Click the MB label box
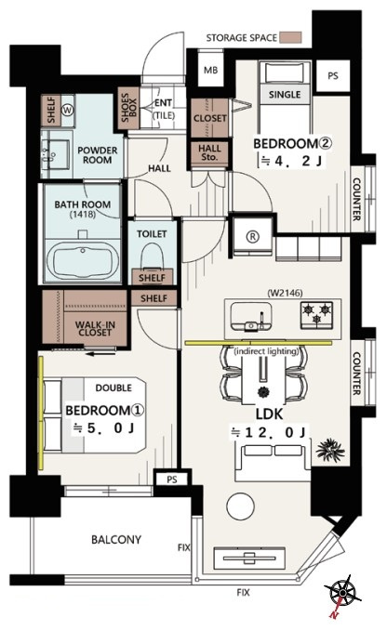(210, 70)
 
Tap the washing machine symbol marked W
(67, 110)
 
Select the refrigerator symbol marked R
(253, 237)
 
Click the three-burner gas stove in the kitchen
(317, 313)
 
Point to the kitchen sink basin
(251, 316)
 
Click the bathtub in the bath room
(83, 260)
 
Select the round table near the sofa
(240, 506)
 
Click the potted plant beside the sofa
(330, 450)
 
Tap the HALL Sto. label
(209, 153)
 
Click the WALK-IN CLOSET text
(94, 328)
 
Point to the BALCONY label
(116, 539)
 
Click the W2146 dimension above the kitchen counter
(285, 293)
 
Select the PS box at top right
(333, 75)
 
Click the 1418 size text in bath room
(83, 214)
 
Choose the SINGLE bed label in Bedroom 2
(285, 95)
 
